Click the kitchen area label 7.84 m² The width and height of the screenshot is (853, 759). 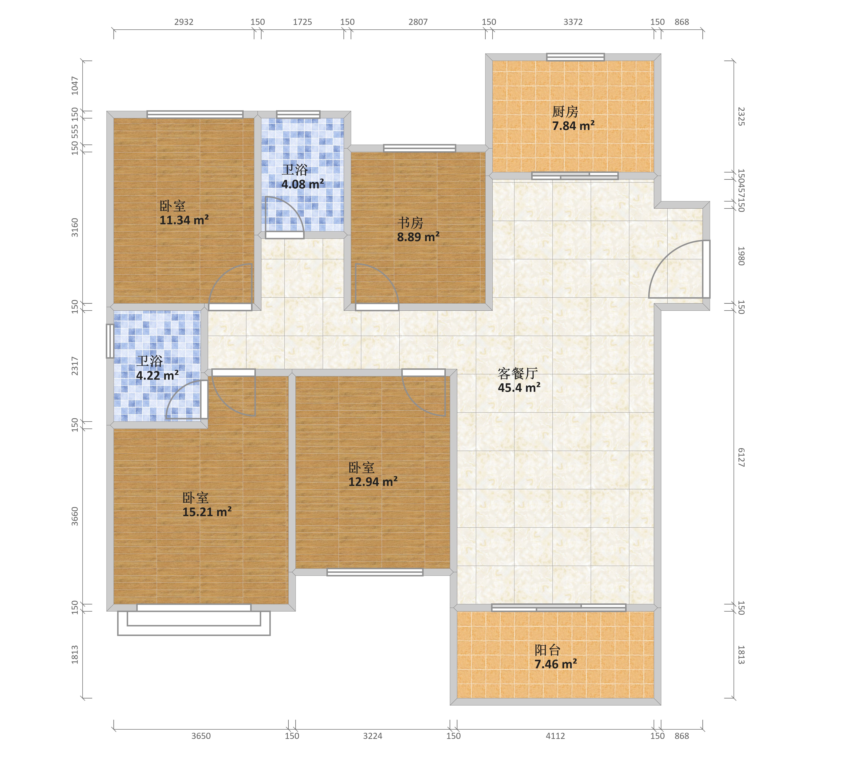coord(573,126)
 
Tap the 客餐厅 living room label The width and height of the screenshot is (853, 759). coord(517,373)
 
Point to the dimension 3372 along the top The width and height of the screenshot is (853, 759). coord(573,22)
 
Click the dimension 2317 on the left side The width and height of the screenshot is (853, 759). coord(75,366)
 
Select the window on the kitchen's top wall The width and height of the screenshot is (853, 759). coord(575,57)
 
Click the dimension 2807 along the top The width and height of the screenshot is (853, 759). coord(418,22)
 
